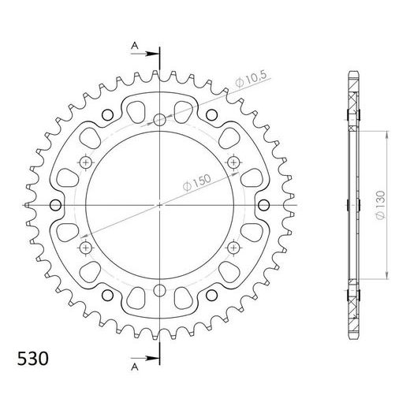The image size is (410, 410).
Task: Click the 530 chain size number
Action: [33, 359]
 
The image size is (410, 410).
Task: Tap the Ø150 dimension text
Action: [197, 183]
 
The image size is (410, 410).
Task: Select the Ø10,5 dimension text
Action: [251, 78]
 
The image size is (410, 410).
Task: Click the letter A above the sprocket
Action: [135, 46]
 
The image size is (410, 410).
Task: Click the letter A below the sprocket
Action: [135, 367]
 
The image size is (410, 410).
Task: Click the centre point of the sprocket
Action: [159, 205]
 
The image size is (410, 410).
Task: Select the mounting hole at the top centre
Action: [159, 120]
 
